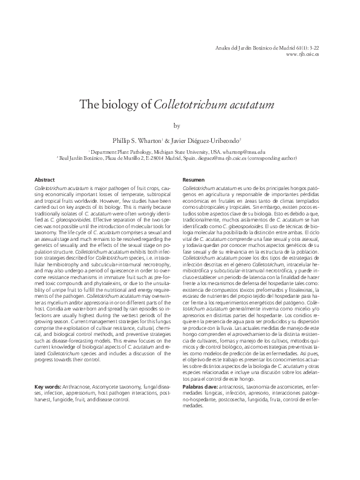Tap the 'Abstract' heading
pos(45,180)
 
